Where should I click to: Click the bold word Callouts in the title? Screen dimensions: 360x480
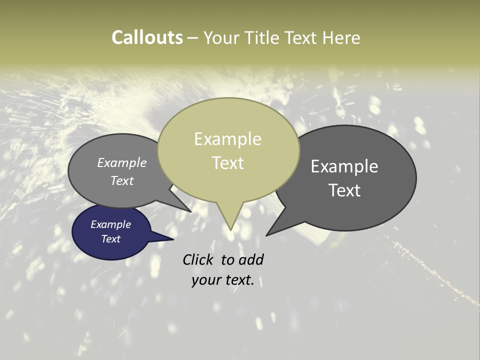(147, 37)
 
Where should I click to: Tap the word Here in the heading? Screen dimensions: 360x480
(341, 37)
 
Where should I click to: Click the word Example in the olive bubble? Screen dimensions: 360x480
(227, 139)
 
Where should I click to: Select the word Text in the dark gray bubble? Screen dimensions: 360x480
(344, 190)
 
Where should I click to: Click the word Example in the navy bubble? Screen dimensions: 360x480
(111, 224)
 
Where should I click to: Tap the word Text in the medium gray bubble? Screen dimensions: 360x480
(122, 181)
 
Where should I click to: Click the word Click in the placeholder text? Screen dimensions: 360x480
(199, 259)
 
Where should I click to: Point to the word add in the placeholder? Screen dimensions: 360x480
(250, 259)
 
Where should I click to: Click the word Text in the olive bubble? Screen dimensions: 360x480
(227, 163)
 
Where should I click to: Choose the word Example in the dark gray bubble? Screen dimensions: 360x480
(344, 166)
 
